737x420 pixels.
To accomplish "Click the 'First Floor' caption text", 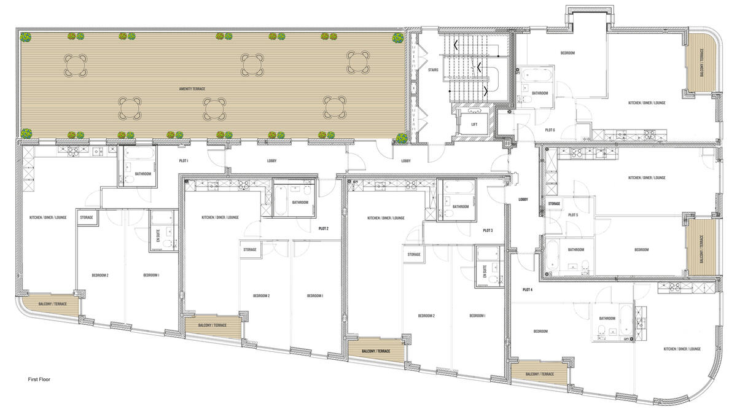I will tap(39, 379).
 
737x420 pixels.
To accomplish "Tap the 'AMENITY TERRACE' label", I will tap(192, 89).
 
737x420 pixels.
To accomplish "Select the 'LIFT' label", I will tap(474, 124).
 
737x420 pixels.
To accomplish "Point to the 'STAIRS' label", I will tap(433, 70).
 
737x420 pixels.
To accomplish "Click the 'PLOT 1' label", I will tap(183, 161).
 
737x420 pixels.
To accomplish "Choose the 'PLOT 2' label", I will tap(324, 228).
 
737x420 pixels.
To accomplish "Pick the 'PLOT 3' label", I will tap(488, 230).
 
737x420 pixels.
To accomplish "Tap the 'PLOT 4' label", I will tap(527, 289).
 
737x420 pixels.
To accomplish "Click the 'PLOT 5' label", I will tap(573, 214).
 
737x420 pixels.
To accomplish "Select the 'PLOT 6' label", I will tap(550, 130).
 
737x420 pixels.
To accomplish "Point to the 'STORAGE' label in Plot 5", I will tap(554, 203).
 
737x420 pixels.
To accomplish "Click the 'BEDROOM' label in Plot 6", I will tap(567, 53).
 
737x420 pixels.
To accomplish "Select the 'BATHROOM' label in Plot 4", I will tap(607, 318).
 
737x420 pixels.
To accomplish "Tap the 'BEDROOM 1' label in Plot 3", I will tap(477, 316).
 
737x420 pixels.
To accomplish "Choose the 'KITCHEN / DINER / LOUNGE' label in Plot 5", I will tap(647, 177).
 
